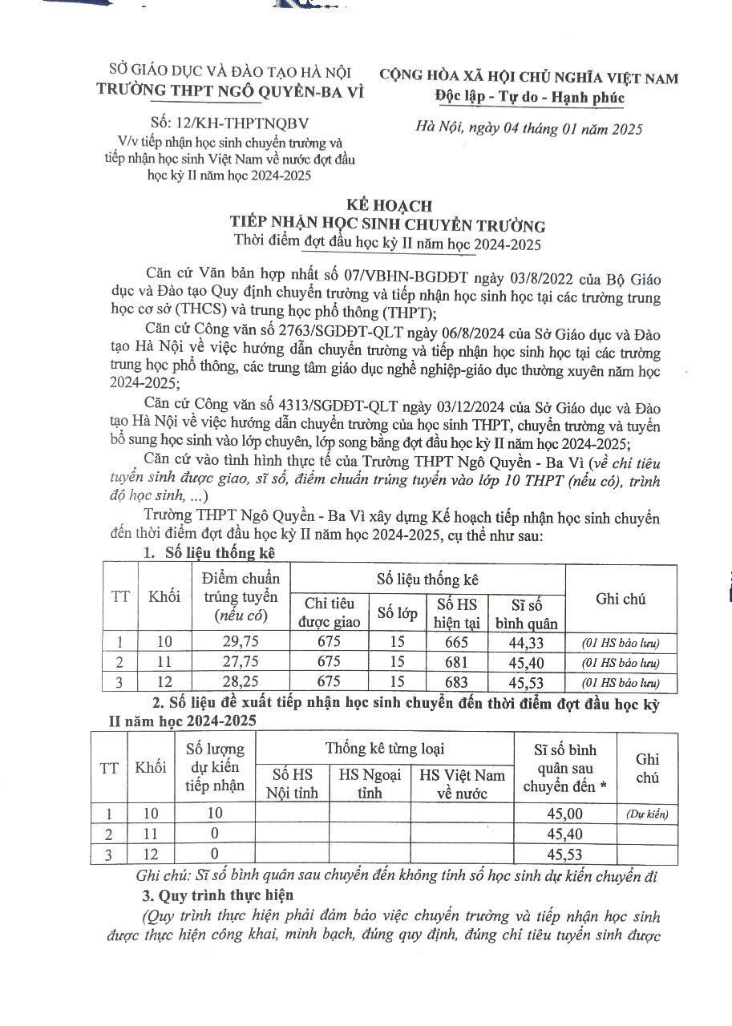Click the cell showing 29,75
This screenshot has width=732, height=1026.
click(x=241, y=641)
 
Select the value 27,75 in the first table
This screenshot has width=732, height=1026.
click(x=241, y=662)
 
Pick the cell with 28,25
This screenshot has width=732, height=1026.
click(x=241, y=683)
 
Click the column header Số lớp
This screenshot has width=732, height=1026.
click(x=398, y=613)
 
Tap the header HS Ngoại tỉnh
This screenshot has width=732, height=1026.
click(x=370, y=784)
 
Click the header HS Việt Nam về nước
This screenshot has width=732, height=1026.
click(x=463, y=784)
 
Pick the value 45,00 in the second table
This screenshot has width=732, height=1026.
click(x=565, y=814)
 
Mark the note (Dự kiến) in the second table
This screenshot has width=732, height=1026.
click(x=647, y=814)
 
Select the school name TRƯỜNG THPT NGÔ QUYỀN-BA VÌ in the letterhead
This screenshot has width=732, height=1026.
click(x=230, y=91)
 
